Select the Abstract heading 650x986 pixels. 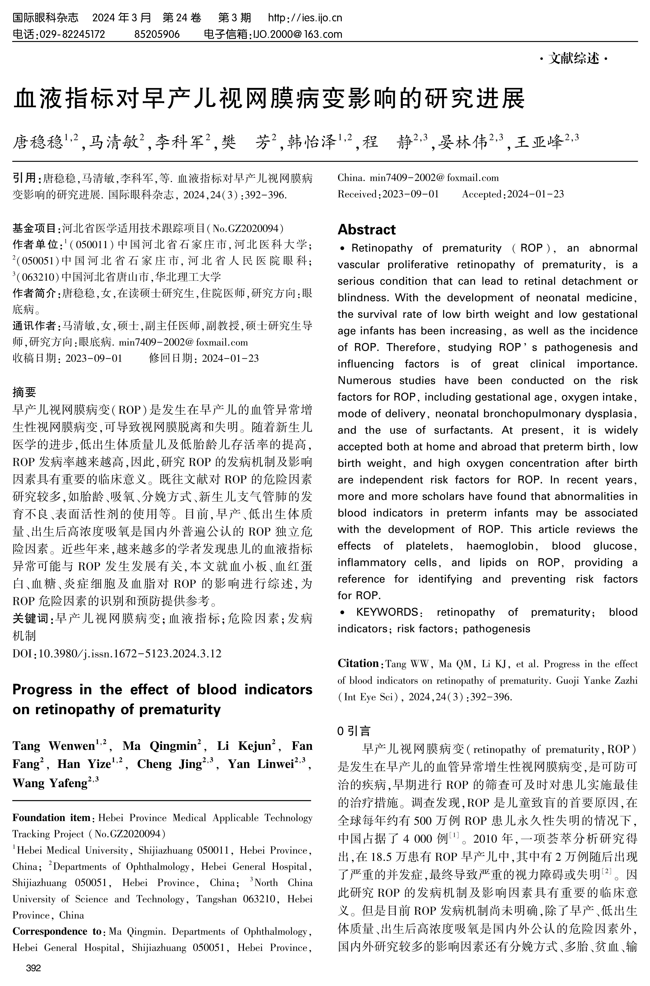click(x=366, y=229)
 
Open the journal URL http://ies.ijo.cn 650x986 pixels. click(x=305, y=18)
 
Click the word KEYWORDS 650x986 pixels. click(x=387, y=612)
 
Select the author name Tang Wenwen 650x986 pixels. click(x=54, y=746)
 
